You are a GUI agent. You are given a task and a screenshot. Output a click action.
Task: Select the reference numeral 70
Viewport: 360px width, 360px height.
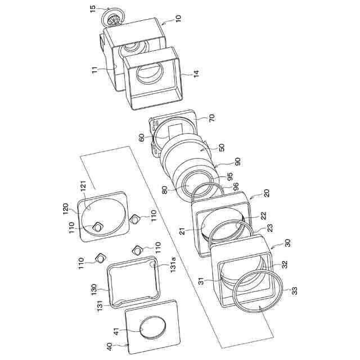(x=212, y=119)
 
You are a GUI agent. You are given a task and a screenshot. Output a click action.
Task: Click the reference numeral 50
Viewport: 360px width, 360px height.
(x=221, y=147)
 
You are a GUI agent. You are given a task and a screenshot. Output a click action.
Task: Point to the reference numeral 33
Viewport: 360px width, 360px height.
(x=295, y=291)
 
